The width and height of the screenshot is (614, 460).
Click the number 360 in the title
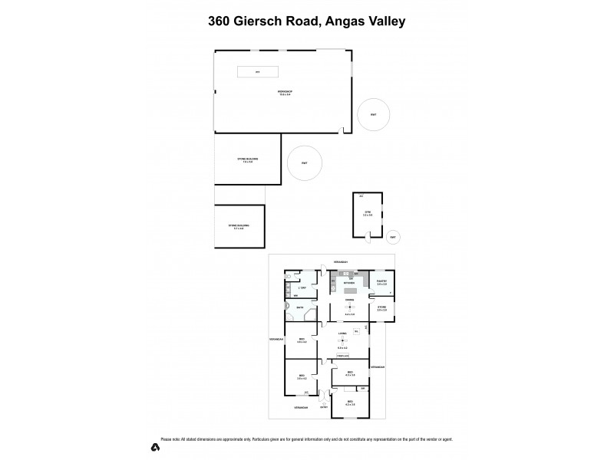[x=223, y=21]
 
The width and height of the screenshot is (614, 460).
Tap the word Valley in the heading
[x=381, y=21]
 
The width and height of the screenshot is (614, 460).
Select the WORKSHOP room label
[x=285, y=92]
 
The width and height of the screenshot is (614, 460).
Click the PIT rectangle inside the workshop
[x=258, y=71]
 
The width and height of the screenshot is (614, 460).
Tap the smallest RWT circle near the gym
[x=393, y=237]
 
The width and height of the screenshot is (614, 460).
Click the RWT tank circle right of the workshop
[x=374, y=115]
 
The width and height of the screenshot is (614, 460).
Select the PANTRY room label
[x=381, y=282]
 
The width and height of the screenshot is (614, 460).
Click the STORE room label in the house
[x=381, y=307]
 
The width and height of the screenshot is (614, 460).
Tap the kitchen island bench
[x=349, y=289]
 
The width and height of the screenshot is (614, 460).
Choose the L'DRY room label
[x=303, y=287]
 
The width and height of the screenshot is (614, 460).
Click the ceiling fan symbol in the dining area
[x=349, y=307]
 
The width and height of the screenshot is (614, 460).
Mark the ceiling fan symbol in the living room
[x=343, y=341]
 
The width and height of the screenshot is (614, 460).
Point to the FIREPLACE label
[x=343, y=355]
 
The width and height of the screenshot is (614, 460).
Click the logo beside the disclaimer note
[x=154, y=447]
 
